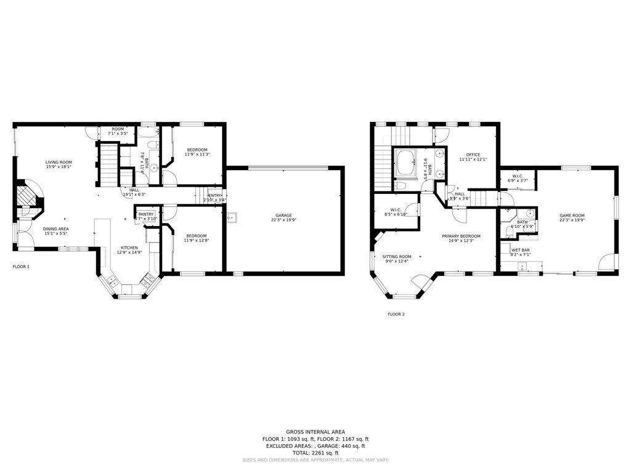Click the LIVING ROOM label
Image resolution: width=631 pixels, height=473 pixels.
[59, 162]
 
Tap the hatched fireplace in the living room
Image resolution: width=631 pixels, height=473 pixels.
[28, 196]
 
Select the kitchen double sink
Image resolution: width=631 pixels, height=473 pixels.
[113, 281]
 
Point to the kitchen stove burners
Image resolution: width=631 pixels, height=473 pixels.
[149, 281]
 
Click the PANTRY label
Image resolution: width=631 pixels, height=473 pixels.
[146, 214]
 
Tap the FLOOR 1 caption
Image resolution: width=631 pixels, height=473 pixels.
[21, 267]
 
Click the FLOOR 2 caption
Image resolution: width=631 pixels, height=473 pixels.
[396, 314]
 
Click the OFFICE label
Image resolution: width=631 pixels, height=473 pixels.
[473, 155]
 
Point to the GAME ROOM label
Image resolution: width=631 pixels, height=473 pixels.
[571, 216]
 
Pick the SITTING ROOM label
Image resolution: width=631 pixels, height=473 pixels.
[396, 257]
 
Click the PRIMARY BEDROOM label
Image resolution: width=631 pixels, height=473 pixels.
[461, 236]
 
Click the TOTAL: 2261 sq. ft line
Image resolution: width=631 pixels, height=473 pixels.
[315, 453]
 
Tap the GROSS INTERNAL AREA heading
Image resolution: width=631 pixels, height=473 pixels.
[315, 432]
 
